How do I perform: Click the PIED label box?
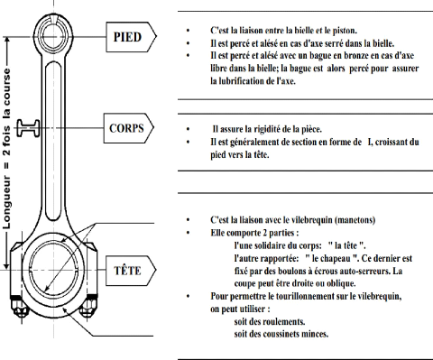131,37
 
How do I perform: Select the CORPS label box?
129,128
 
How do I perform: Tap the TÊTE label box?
131,271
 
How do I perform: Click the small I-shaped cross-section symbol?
28,128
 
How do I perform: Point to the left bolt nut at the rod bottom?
19,306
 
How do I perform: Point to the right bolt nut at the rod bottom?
88,305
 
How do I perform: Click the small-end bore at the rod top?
53,36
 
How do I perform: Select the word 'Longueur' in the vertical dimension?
6,202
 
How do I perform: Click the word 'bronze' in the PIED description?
358,56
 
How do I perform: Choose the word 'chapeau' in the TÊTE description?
336,258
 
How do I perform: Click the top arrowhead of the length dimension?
6,40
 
